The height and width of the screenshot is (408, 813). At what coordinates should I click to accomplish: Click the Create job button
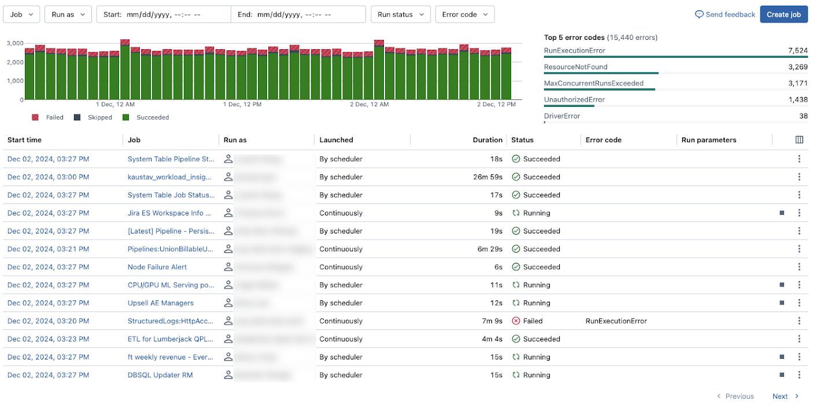point(784,14)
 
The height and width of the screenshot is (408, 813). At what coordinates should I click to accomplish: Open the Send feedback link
point(725,14)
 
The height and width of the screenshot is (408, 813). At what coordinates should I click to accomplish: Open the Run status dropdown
point(400,14)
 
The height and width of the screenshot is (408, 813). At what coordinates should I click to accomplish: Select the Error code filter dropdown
point(464,14)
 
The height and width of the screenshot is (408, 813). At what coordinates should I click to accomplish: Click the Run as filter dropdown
point(68,14)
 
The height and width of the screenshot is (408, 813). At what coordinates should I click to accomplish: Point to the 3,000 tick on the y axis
point(15,43)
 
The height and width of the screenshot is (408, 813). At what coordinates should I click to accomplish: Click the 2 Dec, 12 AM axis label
point(369,105)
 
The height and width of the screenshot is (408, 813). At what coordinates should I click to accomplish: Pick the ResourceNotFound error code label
point(575,67)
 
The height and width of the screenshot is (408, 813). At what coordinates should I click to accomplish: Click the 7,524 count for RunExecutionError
point(797,51)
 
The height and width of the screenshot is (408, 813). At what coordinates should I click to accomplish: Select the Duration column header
point(487,140)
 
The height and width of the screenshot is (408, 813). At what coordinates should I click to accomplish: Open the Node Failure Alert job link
point(157,267)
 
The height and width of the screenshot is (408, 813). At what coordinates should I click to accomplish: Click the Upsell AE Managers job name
point(161,303)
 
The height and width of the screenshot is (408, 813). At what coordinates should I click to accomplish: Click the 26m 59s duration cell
point(487,177)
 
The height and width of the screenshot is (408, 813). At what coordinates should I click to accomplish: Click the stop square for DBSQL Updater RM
point(782,375)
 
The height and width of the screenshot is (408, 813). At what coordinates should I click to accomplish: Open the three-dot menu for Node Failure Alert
point(799,267)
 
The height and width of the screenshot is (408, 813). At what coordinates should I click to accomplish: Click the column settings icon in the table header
point(799,140)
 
